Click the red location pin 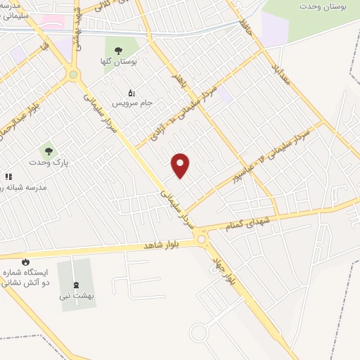(x=181, y=165)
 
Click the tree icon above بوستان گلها (x=118, y=49)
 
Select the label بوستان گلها (x=117, y=62)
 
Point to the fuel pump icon (x=131, y=92)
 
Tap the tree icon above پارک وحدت (x=48, y=150)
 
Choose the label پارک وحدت (x=47, y=162)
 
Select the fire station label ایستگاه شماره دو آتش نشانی (x=27, y=277)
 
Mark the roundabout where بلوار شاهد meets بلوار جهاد (x=202, y=240)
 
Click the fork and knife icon (x=8, y=177)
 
